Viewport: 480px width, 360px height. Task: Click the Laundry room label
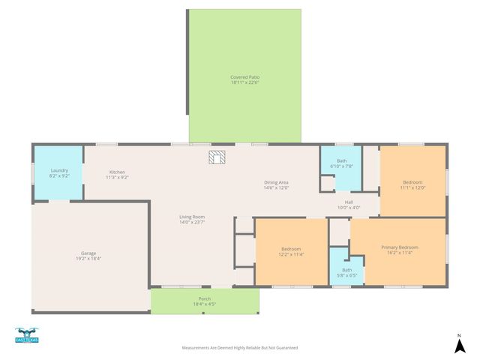[x=59, y=170]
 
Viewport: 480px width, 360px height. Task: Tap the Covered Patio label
[x=245, y=77]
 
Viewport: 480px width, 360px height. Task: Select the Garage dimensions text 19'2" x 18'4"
[x=88, y=258]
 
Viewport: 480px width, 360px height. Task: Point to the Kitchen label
[x=117, y=172]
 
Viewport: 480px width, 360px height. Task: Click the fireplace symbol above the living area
[x=217, y=157]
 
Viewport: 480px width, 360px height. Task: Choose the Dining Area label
[x=276, y=182]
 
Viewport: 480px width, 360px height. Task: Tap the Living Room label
[x=192, y=217]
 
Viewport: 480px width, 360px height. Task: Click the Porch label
[x=204, y=298]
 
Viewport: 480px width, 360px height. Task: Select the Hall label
[x=349, y=202]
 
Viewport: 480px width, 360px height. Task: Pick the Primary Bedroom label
[x=400, y=247]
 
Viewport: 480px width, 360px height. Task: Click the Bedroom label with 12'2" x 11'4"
[x=291, y=249]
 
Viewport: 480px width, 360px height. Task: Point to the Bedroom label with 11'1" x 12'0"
[x=412, y=182]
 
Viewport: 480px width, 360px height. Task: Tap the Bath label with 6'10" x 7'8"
[x=342, y=160]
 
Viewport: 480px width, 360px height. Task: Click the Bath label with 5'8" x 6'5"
[x=347, y=270]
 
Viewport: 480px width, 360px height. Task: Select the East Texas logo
[x=26, y=336]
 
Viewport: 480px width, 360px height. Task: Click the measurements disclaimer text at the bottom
[x=240, y=348]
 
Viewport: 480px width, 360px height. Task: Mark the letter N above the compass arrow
[x=459, y=334]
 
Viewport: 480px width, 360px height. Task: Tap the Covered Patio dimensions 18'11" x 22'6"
[x=245, y=82]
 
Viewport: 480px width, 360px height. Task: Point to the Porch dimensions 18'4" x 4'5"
[x=204, y=304]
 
